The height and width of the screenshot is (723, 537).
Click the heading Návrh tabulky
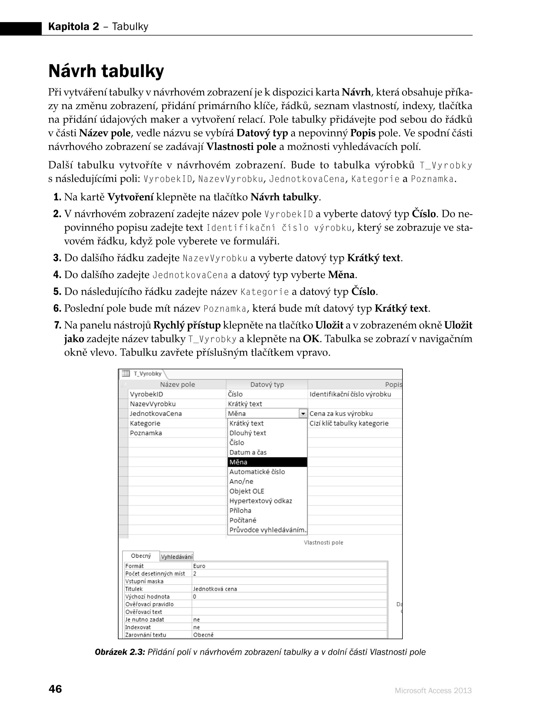tap(106, 71)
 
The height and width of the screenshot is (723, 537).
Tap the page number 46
tap(55, 689)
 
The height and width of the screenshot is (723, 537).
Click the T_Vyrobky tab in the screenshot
tap(147, 374)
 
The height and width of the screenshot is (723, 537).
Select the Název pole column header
tap(177, 384)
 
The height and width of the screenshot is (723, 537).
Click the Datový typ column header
tap(267, 384)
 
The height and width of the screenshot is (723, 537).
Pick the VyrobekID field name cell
tap(146, 394)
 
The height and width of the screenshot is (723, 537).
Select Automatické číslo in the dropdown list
tap(257, 472)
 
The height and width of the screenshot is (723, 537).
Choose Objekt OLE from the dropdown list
tap(247, 491)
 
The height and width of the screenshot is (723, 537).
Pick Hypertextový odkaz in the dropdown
tap(261, 501)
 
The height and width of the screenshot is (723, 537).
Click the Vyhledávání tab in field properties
tap(177, 557)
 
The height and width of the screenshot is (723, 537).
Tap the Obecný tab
tap(141, 556)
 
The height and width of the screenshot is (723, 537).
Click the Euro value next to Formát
tap(199, 566)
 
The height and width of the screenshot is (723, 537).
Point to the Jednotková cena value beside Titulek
tap(215, 589)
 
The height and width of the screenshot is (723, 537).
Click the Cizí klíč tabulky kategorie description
tap(349, 423)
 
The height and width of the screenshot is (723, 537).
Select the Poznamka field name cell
tap(146, 433)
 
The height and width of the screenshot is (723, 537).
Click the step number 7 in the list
tap(57, 325)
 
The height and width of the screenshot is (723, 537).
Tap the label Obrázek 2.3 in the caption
tap(119, 652)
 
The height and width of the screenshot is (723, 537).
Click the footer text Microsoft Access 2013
tap(433, 691)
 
